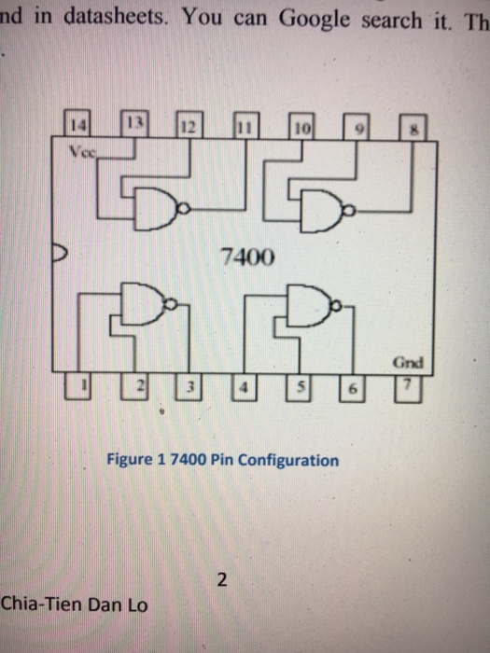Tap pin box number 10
tap(301, 129)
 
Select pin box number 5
tap(301, 383)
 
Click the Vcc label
tap(79, 149)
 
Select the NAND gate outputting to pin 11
tap(159, 212)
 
